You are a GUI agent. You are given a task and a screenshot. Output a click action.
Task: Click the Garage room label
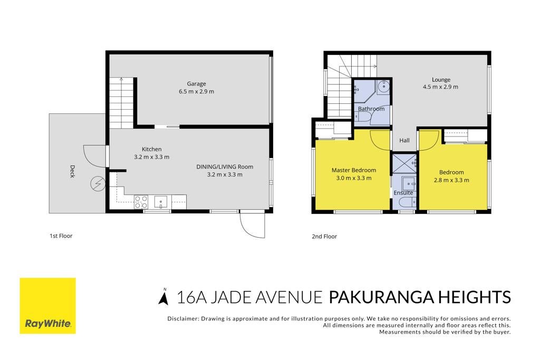[196, 84]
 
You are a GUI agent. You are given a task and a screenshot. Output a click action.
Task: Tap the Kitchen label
[151, 149]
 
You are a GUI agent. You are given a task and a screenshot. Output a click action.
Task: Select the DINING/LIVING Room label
[225, 167]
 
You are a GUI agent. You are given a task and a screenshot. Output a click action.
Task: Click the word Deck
[72, 171]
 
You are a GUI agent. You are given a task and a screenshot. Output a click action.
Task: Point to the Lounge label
[441, 80]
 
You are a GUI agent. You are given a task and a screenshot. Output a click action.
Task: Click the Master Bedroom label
[354, 170]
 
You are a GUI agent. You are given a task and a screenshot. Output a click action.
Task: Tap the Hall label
[404, 140]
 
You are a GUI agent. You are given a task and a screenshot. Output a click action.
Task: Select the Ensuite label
[403, 193]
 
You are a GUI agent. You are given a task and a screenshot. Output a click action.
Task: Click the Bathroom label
[371, 109]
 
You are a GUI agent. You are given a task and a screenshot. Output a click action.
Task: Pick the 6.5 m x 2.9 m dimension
[196, 92]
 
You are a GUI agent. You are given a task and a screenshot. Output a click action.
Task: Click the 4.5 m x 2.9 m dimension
[440, 87]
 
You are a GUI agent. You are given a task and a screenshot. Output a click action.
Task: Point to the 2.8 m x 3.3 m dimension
[451, 180]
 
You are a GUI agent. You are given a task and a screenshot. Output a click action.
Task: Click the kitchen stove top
[141, 202]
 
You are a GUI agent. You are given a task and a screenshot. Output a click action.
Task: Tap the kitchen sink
[160, 202]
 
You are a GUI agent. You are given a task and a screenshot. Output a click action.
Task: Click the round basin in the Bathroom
[383, 87]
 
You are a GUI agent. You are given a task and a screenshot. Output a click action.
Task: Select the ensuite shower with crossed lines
[404, 163]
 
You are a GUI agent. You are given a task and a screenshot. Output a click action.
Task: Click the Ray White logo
[48, 306]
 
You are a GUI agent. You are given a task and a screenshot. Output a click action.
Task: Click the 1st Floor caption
[61, 236]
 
